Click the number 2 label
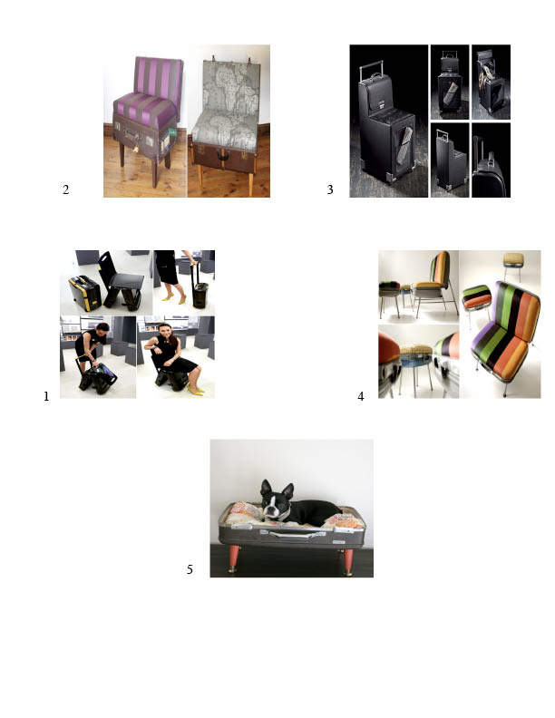[65, 189]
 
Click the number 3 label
[330, 189]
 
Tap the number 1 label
[46, 396]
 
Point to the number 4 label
[361, 396]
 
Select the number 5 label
[190, 569]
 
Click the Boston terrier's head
[276, 500]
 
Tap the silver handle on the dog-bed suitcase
[291, 534]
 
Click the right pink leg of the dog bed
[348, 561]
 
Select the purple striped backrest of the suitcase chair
[158, 77]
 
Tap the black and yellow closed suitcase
[84, 293]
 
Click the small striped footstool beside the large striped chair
[476, 296]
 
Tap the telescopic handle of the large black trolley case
[369, 69]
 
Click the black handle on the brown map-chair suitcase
[223, 156]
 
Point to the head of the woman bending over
[102, 329]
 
